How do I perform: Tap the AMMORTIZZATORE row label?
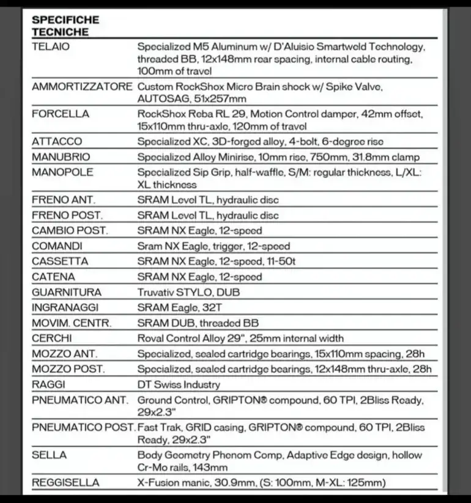point(81,87)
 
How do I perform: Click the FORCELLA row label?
point(60,114)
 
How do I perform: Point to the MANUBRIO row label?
point(61,157)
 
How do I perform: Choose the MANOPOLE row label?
point(62,172)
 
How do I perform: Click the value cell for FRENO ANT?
point(208,200)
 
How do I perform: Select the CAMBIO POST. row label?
point(70,230)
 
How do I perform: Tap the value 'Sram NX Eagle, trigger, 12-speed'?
point(213,246)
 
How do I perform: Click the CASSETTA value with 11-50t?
point(217,262)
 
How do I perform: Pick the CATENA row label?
point(53,277)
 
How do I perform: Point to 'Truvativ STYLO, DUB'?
point(188,292)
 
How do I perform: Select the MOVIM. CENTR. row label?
point(72,323)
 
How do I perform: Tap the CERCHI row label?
point(52,338)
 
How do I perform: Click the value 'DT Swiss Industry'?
point(179,384)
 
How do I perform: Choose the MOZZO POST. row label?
point(68,369)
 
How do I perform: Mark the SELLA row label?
point(50,455)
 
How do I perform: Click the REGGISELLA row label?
point(65,483)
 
